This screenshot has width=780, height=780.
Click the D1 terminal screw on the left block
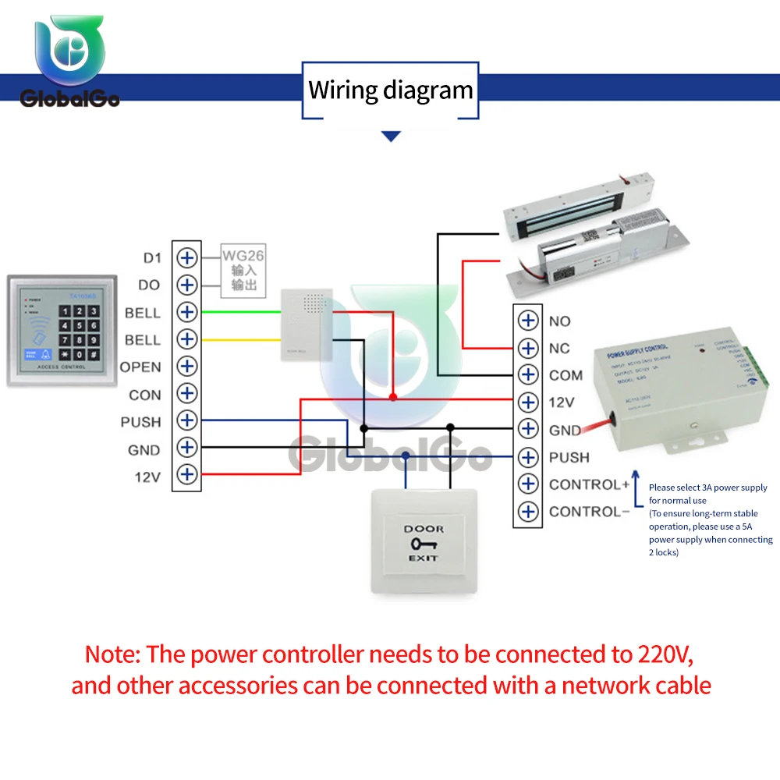186,257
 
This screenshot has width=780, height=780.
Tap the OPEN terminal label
140,367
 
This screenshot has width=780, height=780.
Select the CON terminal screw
186,393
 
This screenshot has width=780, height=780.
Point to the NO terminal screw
529,321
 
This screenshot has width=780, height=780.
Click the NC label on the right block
559,348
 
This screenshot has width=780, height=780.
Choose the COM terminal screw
529,374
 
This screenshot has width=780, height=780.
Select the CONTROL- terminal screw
529,512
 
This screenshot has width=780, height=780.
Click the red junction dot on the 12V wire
393,397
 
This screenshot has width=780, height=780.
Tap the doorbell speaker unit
307,323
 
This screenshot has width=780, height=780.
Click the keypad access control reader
62,330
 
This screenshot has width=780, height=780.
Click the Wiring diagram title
391,90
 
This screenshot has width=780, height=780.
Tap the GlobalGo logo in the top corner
69,62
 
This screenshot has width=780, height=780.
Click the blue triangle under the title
391,136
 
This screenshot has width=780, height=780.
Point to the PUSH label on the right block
569,457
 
